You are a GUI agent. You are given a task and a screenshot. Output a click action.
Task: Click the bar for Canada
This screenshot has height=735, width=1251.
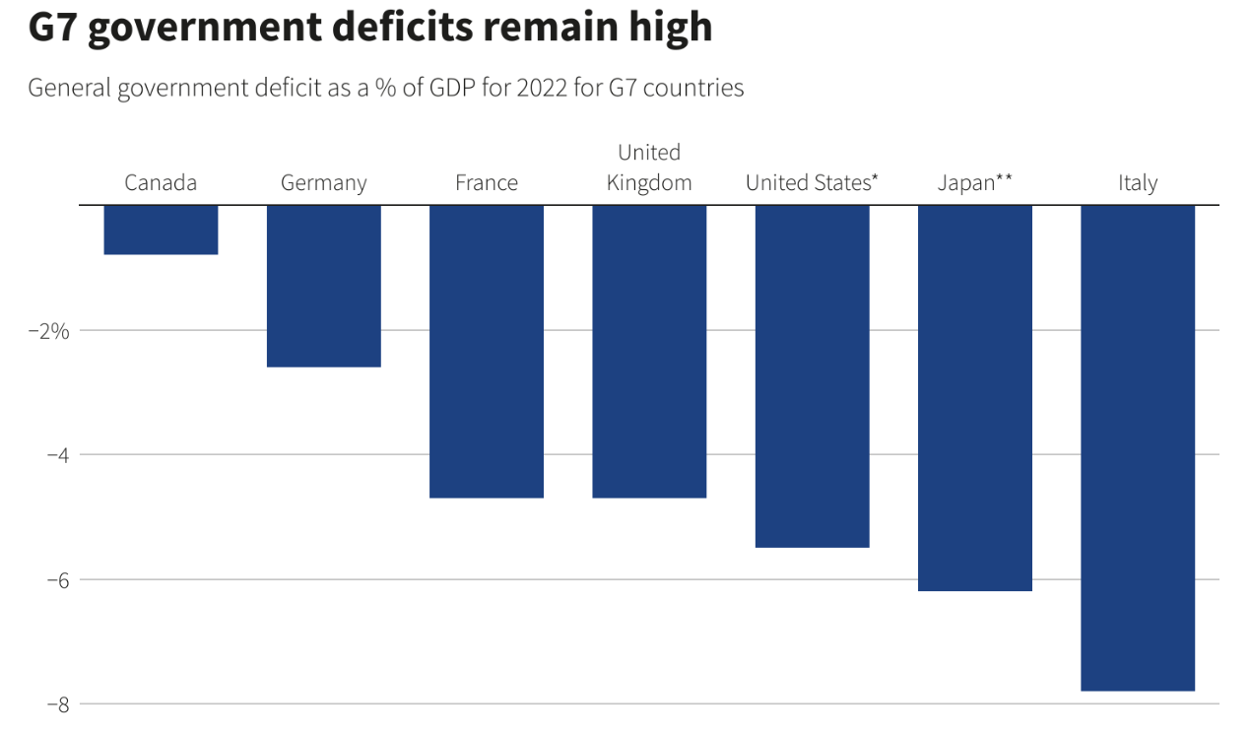point(161,230)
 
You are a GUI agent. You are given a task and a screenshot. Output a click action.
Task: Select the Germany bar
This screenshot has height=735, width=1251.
point(324,286)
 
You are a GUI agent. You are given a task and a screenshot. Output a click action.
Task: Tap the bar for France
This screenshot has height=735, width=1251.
point(487,351)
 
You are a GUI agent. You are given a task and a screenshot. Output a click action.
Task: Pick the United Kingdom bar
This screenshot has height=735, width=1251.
point(649,351)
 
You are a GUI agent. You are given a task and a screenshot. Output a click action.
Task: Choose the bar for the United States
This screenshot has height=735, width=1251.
point(812,375)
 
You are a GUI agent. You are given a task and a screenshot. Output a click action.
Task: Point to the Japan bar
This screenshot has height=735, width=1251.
point(974,397)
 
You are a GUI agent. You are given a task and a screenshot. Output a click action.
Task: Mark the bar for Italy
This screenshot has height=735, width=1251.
point(1138,447)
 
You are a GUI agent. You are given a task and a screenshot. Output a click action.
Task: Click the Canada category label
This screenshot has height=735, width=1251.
point(161,183)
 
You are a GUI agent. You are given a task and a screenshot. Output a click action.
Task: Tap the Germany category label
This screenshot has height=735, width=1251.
point(324,183)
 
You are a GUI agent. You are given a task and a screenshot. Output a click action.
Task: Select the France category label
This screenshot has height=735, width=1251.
point(487,183)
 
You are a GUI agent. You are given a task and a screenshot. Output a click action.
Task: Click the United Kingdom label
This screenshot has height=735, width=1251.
point(649,168)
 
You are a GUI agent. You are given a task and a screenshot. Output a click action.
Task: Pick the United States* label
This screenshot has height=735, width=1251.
point(812,183)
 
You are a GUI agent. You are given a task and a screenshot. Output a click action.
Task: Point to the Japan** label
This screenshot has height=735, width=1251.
point(974,183)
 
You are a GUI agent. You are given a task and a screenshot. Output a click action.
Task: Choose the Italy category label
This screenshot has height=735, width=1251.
point(1138,183)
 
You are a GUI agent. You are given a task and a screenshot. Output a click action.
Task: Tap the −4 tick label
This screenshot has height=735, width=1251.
point(56,455)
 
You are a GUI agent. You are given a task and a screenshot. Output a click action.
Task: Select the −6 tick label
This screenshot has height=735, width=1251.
point(56,579)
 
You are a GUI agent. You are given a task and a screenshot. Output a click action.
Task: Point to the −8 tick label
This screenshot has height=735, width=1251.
point(56,704)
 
